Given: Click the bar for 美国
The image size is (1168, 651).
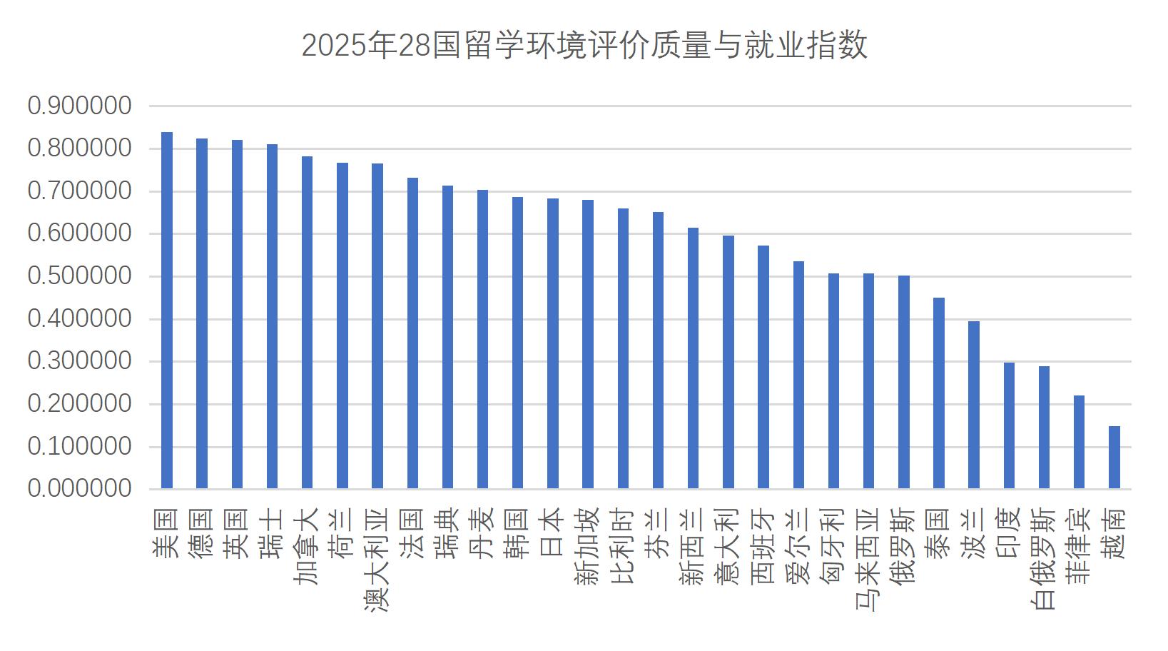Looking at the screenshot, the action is (x=167, y=311).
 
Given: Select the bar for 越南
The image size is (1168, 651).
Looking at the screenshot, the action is (x=1114, y=458).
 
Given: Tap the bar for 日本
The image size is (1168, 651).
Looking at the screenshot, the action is (x=553, y=344).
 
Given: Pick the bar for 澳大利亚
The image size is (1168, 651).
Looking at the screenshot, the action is (x=377, y=326).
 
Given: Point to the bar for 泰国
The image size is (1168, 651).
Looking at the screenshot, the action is (x=938, y=393).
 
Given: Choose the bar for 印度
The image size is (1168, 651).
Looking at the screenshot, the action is (x=1009, y=425).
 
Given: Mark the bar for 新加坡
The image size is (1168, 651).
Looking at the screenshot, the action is (x=588, y=344).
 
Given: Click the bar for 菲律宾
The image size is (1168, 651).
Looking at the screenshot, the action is (x=1079, y=443).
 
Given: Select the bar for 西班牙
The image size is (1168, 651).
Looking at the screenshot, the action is (x=763, y=367).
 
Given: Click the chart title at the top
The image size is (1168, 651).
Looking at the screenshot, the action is (x=584, y=46).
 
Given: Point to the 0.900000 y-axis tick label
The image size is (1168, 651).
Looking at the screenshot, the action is (x=79, y=106).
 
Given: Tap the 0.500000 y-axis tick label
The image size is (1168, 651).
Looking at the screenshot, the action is (x=79, y=276).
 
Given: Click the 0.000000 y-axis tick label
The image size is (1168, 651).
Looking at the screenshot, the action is (x=79, y=489).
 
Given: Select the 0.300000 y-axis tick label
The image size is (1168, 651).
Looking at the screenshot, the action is (x=79, y=361).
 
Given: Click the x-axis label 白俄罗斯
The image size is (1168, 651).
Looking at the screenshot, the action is (x=1044, y=559).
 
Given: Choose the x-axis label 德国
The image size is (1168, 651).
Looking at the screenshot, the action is (x=202, y=533).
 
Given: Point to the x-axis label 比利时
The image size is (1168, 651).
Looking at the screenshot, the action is (x=623, y=546).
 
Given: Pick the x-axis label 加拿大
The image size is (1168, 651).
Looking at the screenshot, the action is (x=307, y=546).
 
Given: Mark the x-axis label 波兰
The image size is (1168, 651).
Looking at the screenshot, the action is (x=974, y=533).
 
